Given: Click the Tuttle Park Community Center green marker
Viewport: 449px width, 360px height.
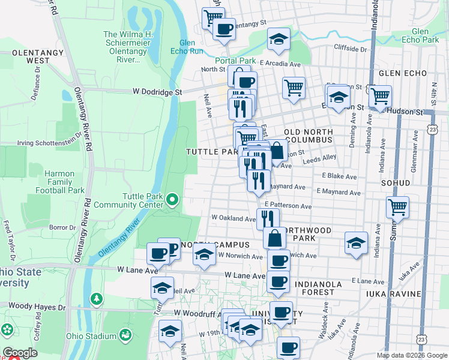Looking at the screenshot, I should click(x=173, y=199).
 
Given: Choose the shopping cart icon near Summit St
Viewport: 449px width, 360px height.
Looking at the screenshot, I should click(x=397, y=207).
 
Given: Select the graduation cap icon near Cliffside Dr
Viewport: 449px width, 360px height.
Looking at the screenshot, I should click(x=278, y=39).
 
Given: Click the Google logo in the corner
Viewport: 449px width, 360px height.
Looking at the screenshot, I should click(x=19, y=353).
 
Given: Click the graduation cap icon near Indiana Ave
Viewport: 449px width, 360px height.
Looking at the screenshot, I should click(x=356, y=243).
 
